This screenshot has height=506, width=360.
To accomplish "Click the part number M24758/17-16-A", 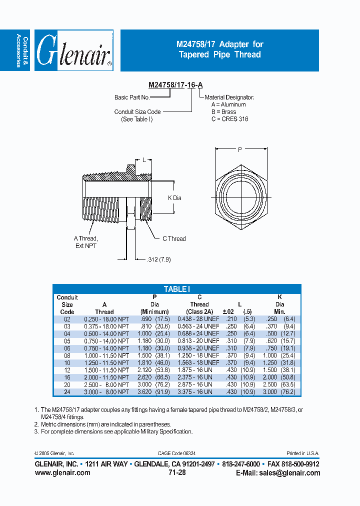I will tap(175, 85).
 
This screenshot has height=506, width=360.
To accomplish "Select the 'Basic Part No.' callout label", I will tap(132, 97).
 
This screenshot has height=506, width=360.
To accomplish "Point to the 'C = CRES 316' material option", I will tap(229, 119).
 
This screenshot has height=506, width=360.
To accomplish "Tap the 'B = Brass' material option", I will tap(223, 112).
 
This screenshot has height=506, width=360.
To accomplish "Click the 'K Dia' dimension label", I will tap(174, 198).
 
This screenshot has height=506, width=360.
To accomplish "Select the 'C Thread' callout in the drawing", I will tap(174, 238).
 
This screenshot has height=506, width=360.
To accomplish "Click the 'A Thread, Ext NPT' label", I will tap(86, 242).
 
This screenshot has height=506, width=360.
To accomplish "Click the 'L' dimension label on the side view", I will tap(144, 160).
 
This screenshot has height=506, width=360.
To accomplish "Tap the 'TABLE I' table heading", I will tap(177, 289).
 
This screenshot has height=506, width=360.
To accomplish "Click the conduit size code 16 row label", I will tap(67, 377).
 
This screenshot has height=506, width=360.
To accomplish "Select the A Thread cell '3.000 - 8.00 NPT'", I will tap(106, 392).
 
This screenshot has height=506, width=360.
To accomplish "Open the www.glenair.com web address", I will tap(62, 472).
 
